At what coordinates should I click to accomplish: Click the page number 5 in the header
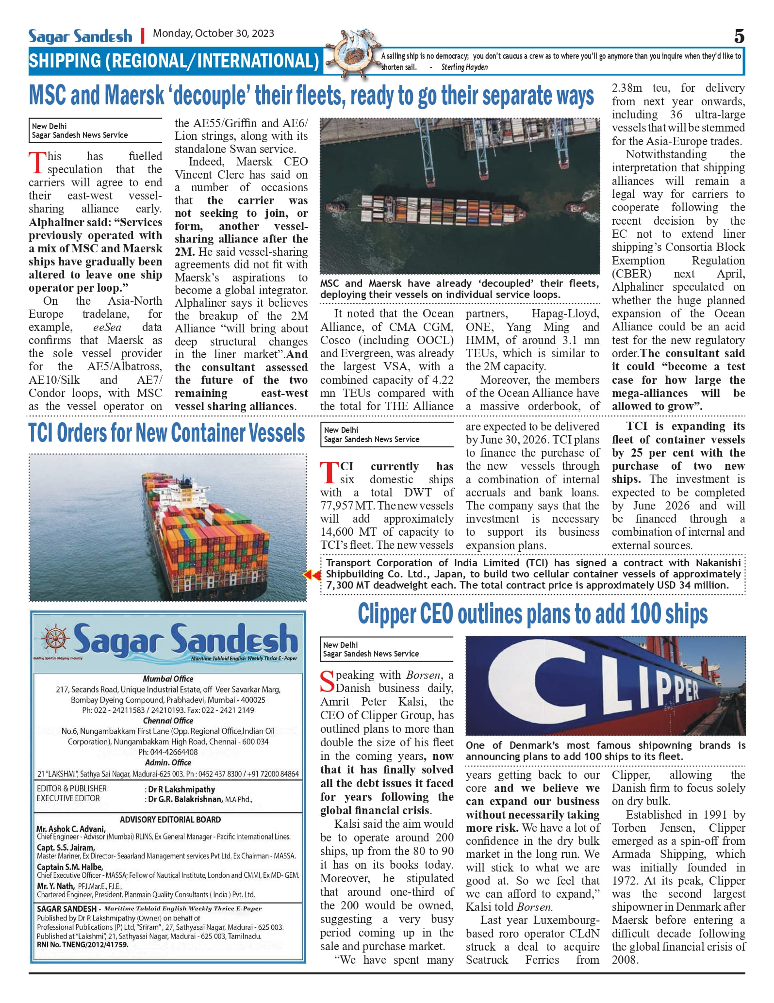tap(739, 36)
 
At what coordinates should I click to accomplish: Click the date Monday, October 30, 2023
tap(214, 33)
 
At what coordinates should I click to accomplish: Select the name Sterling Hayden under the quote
tap(464, 67)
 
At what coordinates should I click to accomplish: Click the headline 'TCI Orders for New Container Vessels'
tap(166, 433)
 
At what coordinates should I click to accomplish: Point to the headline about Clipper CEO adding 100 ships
tap(532, 614)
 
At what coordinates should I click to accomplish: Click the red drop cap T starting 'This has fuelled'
tap(37, 163)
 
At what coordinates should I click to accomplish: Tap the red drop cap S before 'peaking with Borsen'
tap(328, 681)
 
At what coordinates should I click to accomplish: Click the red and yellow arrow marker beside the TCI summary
tap(312, 575)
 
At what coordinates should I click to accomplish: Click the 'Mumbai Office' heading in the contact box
tap(168, 679)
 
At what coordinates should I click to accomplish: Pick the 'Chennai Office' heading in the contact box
tap(168, 721)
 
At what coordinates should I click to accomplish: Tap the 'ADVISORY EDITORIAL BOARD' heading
tap(170, 820)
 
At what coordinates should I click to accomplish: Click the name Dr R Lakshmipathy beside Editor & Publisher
tap(181, 789)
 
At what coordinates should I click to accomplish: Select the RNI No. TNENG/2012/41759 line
tap(82, 945)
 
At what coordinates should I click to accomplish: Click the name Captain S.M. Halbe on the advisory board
tap(70, 867)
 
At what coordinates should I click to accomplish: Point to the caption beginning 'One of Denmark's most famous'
tap(605, 751)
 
